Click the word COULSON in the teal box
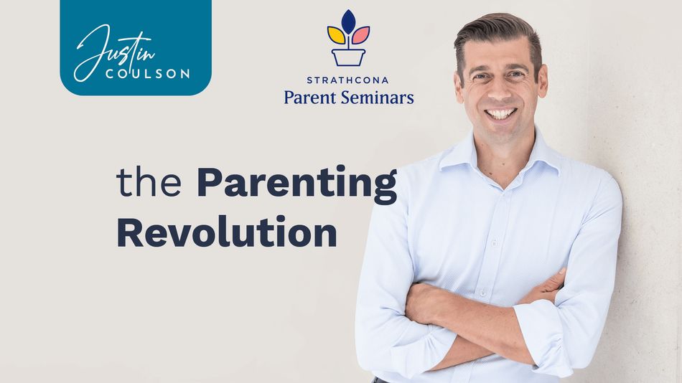click(x=148, y=74)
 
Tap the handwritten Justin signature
click(x=114, y=53)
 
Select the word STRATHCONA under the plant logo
click(x=347, y=80)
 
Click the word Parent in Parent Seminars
click(x=310, y=97)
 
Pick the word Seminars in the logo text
click(x=377, y=97)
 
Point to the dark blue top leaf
click(x=348, y=22)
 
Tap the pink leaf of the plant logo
click(x=360, y=35)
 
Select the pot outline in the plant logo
click(x=348, y=57)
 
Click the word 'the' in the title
click(x=149, y=182)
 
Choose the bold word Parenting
click(x=297, y=184)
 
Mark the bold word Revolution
click(x=227, y=232)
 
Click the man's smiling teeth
click(x=500, y=114)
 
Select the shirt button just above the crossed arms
click(x=482, y=294)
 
